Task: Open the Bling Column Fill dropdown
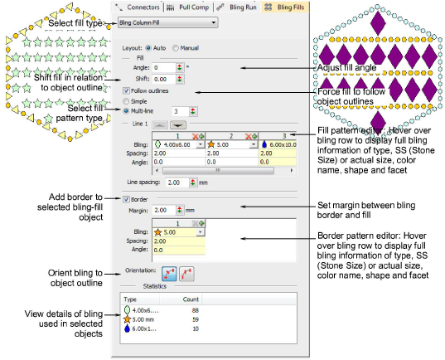[x=167, y=22]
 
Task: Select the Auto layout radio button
[x=148, y=48]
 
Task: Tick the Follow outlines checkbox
[x=125, y=90]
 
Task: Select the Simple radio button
[x=125, y=100]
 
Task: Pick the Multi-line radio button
[x=125, y=109]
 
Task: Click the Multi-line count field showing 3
[x=178, y=109]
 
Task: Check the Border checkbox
[x=125, y=198]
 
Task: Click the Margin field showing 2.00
[x=161, y=210]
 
